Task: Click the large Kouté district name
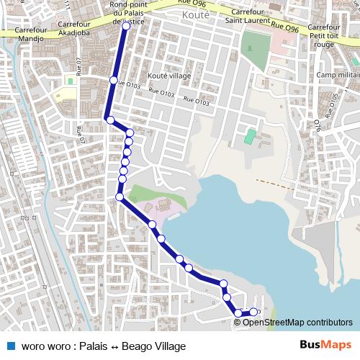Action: click(197, 14)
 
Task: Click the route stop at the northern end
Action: click(126, 26)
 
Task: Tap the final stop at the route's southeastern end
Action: click(253, 312)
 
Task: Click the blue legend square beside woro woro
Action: click(11, 346)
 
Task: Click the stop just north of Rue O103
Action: click(113, 80)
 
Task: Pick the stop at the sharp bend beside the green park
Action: click(120, 197)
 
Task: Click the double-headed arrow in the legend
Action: click(115, 346)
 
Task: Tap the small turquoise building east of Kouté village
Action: click(250, 135)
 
